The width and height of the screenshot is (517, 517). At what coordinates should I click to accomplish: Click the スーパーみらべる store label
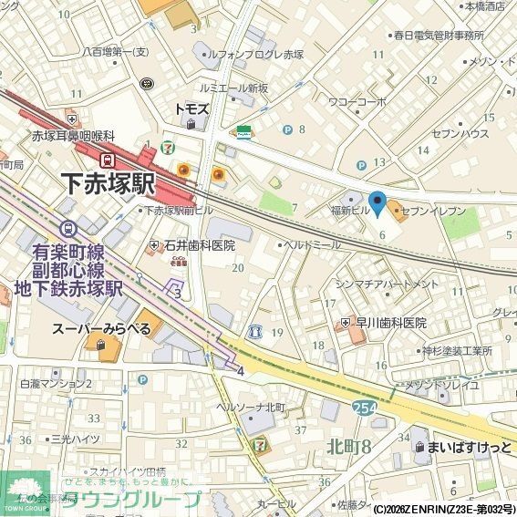101,328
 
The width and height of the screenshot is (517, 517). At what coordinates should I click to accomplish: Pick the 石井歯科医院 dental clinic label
200,245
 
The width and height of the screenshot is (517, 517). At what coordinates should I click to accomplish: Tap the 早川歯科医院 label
390,323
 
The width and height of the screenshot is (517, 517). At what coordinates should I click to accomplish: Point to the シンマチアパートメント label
387,284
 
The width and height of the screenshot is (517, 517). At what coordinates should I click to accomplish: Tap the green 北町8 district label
348,447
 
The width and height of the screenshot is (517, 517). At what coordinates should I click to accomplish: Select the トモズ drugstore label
191,109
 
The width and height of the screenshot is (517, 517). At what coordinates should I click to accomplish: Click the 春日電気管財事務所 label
439,36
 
